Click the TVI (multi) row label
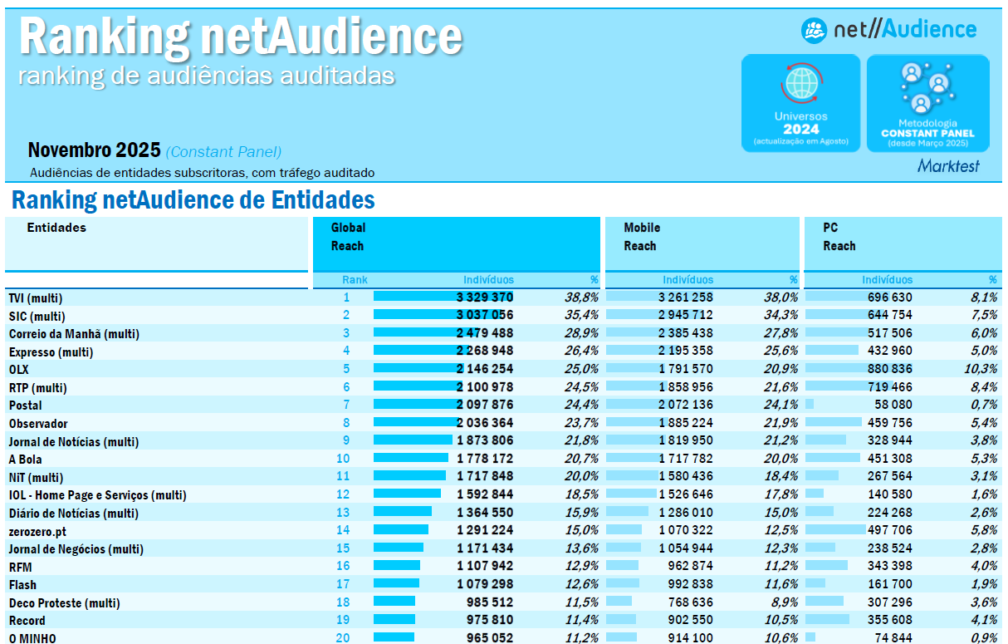(36, 298)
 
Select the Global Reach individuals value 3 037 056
(485, 316)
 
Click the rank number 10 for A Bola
(343, 459)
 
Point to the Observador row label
(38, 424)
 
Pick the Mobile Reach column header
(642, 237)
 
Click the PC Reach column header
(839, 237)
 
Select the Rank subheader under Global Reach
(355, 280)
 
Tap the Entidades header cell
(56, 228)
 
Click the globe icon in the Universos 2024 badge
(801, 83)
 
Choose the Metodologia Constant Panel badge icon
(927, 88)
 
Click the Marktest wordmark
(948, 166)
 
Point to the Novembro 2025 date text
(94, 150)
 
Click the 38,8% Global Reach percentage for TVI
(581, 297)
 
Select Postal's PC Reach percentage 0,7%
(983, 405)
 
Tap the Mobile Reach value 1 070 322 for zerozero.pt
(686, 530)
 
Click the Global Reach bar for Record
(395, 620)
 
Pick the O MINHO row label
(32, 638)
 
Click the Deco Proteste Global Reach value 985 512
(485, 602)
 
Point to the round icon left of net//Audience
(814, 31)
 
